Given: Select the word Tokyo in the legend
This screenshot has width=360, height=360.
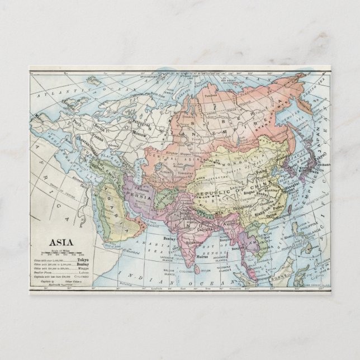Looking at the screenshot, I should point(83,260).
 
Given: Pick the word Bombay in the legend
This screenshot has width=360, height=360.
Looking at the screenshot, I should point(82,264).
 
